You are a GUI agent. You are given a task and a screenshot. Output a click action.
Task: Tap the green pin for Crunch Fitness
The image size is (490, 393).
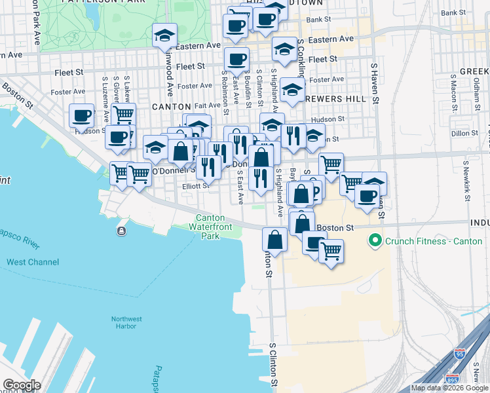point(375,241)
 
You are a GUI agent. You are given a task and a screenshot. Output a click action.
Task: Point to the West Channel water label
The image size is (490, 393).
point(32,262)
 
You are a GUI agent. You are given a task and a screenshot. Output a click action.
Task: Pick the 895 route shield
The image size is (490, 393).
point(452,379)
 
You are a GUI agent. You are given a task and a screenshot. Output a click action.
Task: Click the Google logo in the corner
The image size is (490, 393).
point(21,385)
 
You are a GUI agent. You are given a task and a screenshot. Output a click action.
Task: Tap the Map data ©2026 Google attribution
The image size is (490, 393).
point(449,388)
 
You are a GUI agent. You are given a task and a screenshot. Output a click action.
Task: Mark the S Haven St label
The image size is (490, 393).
point(375,84)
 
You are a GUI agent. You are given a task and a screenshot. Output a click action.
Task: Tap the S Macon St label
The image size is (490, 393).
point(453,91)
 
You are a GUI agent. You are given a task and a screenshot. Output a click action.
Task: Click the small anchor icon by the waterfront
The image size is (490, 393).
point(121,231)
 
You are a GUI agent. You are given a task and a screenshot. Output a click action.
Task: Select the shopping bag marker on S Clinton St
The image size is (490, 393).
point(274,240)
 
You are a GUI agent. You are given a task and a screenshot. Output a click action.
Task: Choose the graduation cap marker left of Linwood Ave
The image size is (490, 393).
point(164,35)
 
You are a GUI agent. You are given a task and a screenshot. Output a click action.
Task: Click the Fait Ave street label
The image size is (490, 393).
point(207,105)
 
